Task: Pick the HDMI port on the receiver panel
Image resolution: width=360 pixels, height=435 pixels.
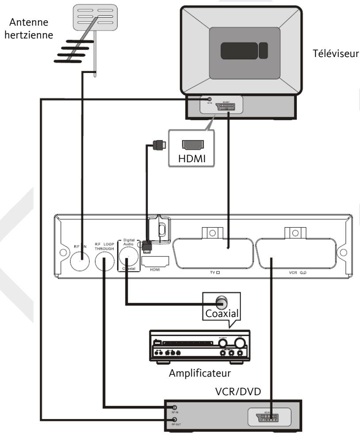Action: click(x=154, y=262)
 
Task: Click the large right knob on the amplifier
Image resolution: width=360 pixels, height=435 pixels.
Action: click(x=240, y=342)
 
